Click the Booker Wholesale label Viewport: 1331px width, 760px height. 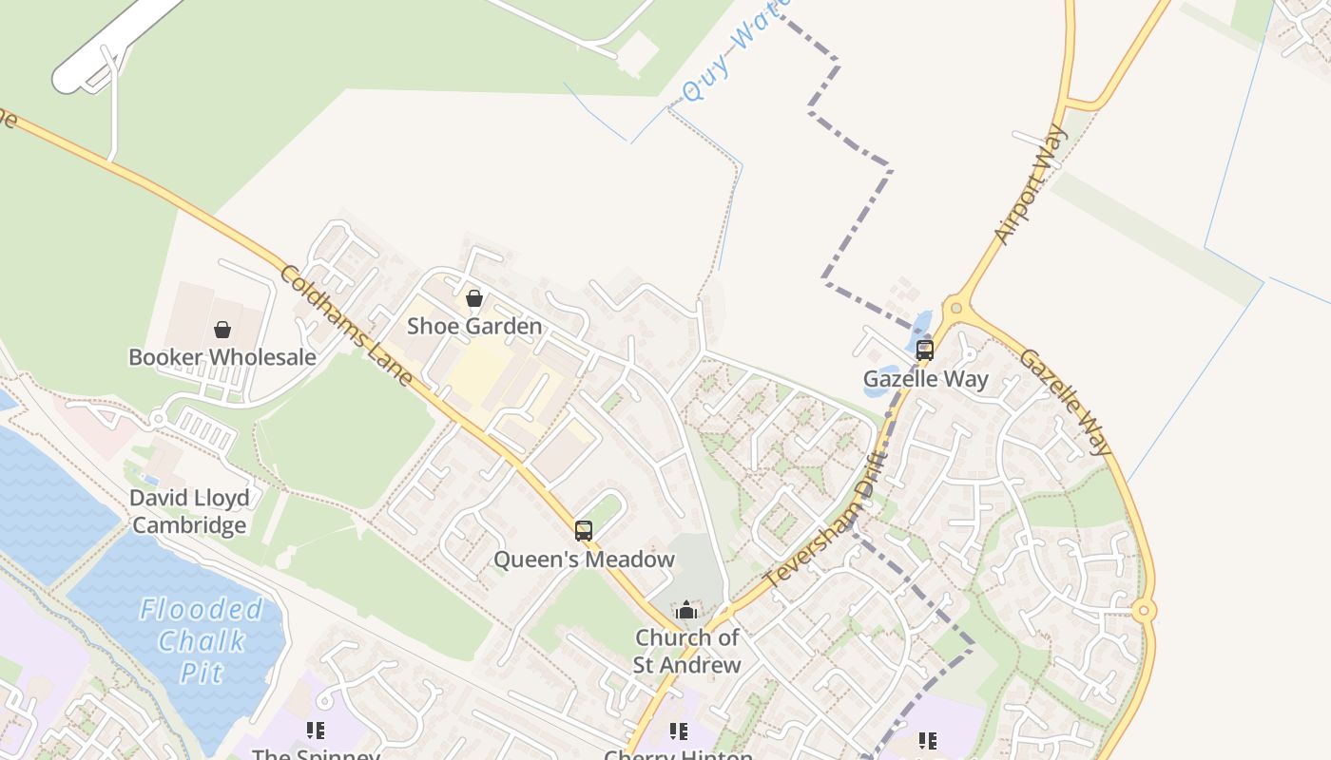(x=222, y=357)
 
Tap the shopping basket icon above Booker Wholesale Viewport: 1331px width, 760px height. (x=222, y=330)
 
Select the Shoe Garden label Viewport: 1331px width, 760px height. (x=474, y=326)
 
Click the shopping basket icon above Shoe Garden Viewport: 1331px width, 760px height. (x=474, y=298)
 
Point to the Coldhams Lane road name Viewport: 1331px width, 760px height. (x=346, y=326)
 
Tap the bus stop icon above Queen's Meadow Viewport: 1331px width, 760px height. (x=584, y=531)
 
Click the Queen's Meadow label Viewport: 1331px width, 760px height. (x=584, y=560)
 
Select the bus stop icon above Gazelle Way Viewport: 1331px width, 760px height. (x=924, y=350)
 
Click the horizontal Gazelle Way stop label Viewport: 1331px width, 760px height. (x=925, y=379)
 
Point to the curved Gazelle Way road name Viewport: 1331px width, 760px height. (x=1066, y=402)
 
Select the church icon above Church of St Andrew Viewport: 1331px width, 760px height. (x=686, y=610)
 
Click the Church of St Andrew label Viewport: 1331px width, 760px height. (x=686, y=651)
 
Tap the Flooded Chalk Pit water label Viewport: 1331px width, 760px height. (x=201, y=641)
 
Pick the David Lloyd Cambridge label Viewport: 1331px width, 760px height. (x=189, y=511)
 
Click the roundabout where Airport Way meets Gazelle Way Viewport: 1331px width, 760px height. (x=955, y=308)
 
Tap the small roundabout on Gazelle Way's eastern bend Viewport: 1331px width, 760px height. (x=1144, y=611)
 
